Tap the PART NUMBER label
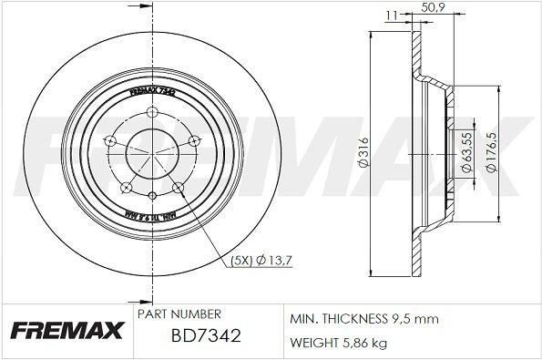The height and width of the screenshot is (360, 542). [x=179, y=313]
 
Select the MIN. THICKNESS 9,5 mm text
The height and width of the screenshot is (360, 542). [x=363, y=320]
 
